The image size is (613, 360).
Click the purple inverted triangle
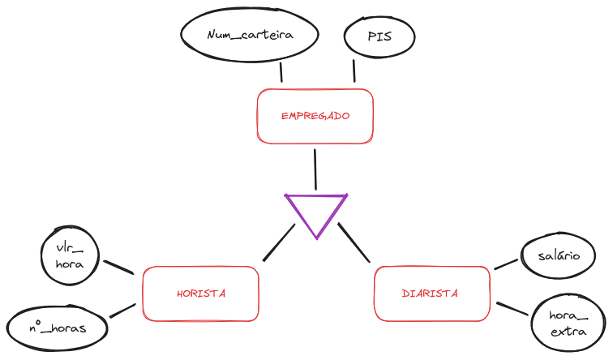tap(316, 212)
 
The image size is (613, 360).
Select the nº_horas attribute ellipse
tap(57, 328)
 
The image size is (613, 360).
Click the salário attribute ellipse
tap(558, 255)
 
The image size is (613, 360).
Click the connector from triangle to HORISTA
tap(279, 242)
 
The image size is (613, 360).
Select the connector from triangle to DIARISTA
tap(354, 242)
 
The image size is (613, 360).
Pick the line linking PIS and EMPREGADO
tap(354, 70)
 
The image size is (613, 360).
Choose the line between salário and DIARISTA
tap(505, 264)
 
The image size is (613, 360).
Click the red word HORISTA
tap(200, 294)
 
